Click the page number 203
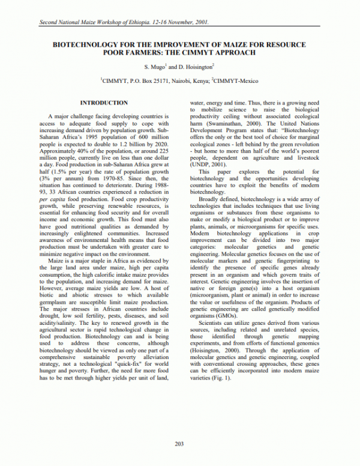point(179,443)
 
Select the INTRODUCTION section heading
point(104,103)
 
